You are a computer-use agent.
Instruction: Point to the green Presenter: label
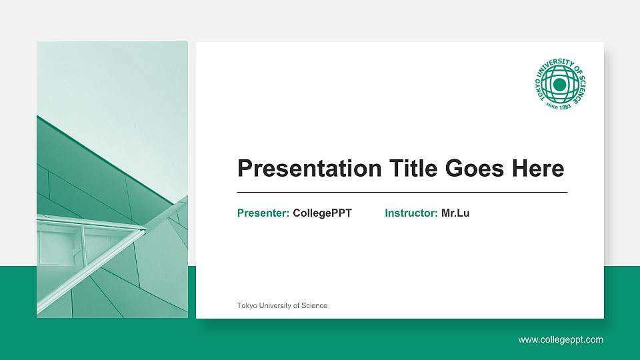pos(263,213)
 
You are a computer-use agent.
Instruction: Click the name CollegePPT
pos(322,213)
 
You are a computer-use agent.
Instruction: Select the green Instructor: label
pos(411,213)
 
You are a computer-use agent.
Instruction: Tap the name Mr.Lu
pos(455,213)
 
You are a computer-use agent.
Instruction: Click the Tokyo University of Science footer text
pos(282,305)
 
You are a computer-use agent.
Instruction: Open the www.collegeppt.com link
pos(561,340)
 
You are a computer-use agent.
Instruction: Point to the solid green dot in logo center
pos(560,85)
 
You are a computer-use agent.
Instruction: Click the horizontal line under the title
pos(402,192)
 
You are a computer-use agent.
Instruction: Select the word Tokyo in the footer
pos(247,305)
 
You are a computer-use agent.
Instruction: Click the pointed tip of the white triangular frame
pos(145,230)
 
